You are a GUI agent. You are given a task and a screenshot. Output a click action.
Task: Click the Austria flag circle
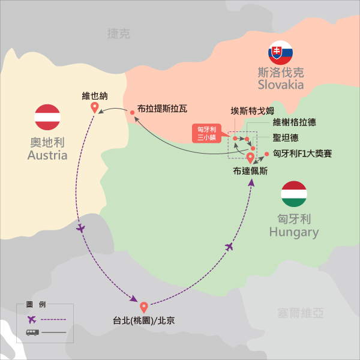[x=48, y=117]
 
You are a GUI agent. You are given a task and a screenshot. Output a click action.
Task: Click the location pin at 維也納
[x=94, y=108]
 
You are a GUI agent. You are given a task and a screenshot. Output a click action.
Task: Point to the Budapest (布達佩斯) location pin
[x=250, y=158]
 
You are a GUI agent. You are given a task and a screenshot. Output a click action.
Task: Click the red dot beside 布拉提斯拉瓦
[x=132, y=112]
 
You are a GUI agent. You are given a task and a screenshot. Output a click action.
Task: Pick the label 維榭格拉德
[x=294, y=122]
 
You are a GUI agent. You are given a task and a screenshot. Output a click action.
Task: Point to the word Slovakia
[x=280, y=85]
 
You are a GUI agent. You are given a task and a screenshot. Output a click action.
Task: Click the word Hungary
[x=294, y=232]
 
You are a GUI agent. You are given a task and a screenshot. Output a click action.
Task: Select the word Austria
[x=47, y=156]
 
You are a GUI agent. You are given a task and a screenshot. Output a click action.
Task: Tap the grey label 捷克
[x=118, y=34]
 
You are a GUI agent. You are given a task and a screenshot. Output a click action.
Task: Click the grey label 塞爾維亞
[x=301, y=313]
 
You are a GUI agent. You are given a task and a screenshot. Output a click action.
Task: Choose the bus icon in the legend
[x=31, y=332]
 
